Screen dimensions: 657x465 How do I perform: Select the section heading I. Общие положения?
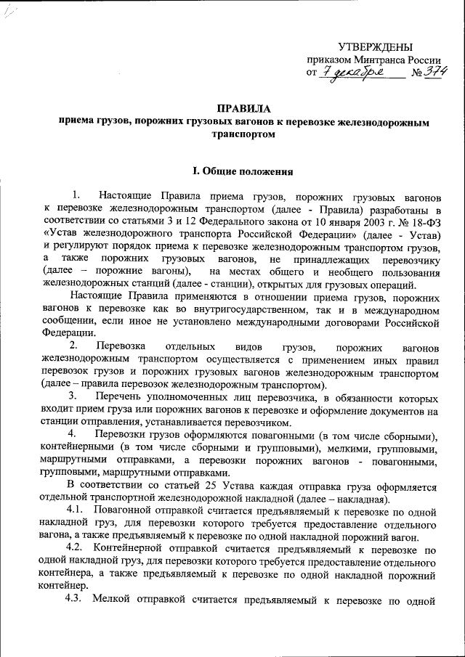[x=243, y=171]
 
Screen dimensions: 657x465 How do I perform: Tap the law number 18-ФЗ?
[x=424, y=221]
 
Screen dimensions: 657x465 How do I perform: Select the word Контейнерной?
[x=130, y=547]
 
